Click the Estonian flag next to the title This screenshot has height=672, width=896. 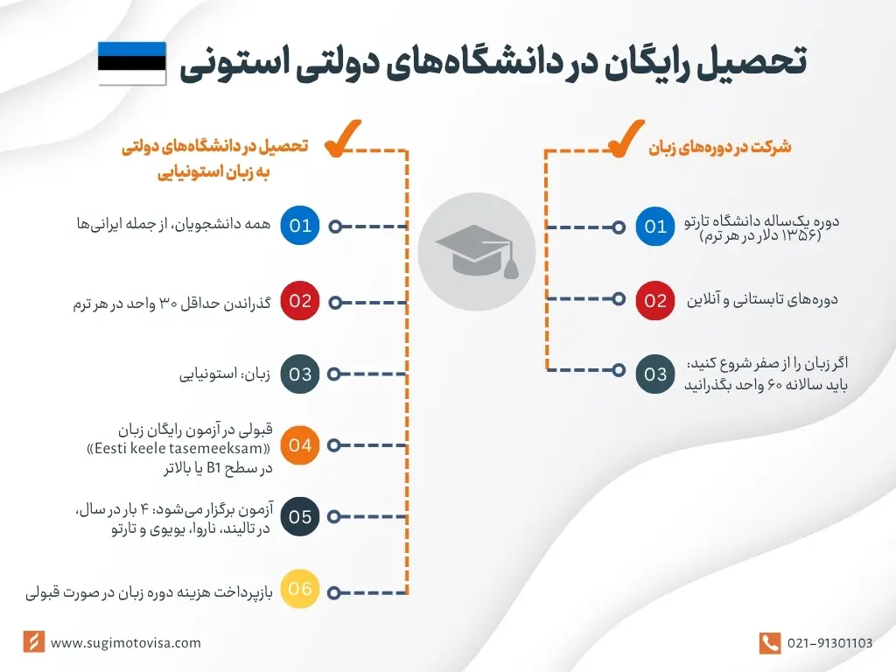pos(132,63)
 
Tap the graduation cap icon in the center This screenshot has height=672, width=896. pos(476,252)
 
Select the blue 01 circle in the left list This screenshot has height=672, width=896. pos(300,226)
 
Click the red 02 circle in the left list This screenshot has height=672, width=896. pos(300,301)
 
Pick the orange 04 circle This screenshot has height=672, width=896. pos(300,445)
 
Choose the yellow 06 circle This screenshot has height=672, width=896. pos(300,589)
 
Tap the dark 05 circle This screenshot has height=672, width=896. pos(300,516)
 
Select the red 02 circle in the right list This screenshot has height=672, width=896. pos(655,301)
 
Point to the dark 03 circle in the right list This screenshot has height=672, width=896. pos(655,375)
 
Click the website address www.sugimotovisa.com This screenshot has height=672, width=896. pos(126,643)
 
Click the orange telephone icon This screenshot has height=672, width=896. pos(769,643)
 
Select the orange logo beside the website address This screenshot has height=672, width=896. pos(33,642)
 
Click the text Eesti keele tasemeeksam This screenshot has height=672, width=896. pos(205,449)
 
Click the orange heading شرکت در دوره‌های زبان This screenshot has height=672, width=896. pos(719,147)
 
